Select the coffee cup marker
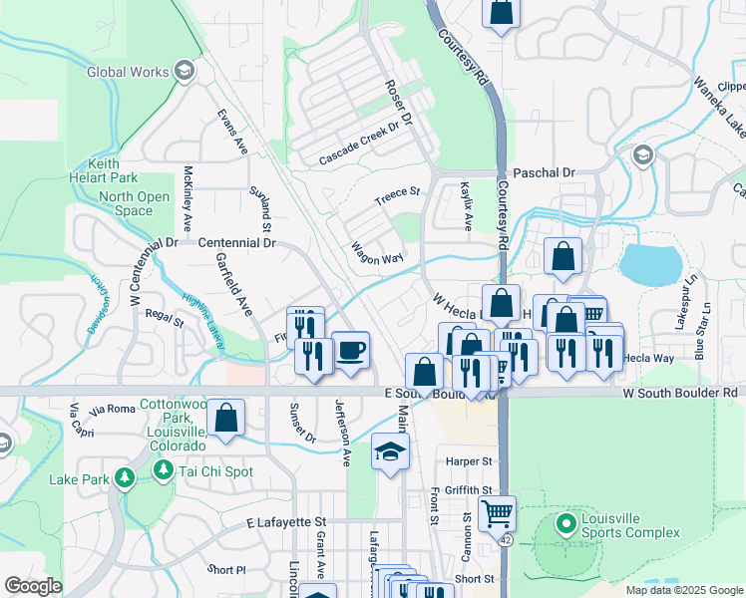(x=350, y=351)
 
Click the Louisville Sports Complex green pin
(x=564, y=521)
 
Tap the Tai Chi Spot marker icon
(x=165, y=471)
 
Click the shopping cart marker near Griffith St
(x=497, y=514)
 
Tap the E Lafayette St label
(x=286, y=521)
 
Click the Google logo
(x=33, y=586)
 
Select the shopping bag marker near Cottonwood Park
(x=227, y=418)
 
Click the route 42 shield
(x=506, y=540)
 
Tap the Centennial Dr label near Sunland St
(x=236, y=242)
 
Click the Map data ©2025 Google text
(x=683, y=590)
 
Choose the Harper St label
(x=470, y=461)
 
